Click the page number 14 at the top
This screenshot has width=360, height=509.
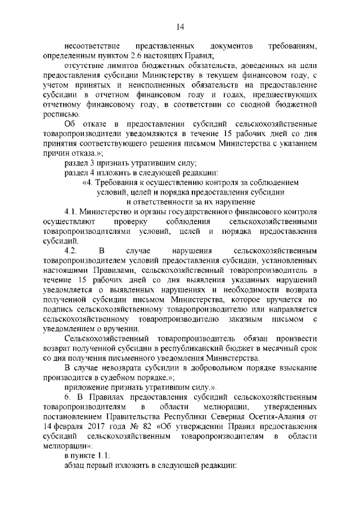click(x=180, y=26)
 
